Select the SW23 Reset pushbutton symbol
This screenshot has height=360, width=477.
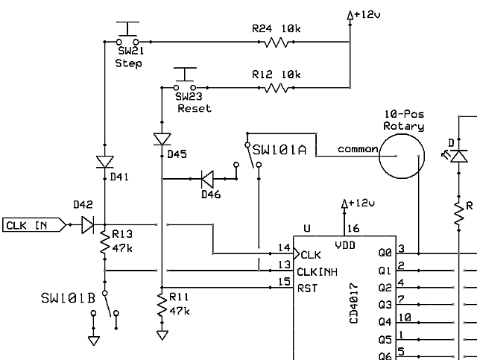point(184,80)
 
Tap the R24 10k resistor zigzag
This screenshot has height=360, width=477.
point(276,42)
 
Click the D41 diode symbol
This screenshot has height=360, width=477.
point(105,162)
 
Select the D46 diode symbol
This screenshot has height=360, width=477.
point(206,179)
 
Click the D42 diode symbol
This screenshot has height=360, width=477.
point(87,223)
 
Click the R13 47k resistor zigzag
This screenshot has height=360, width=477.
point(105,244)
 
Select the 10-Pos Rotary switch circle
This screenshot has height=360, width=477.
point(401,157)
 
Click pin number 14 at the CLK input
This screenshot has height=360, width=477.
point(283,247)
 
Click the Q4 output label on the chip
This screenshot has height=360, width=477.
point(385,322)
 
